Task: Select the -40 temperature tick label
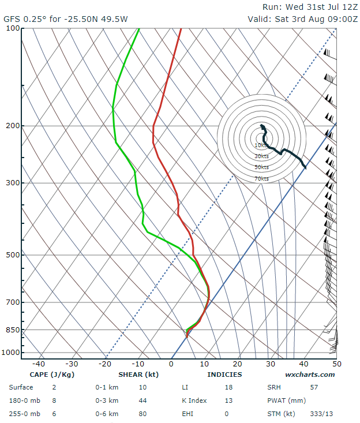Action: pyautogui.click(x=39, y=364)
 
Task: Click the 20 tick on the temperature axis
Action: pyautogui.click(x=237, y=364)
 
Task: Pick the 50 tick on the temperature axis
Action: pyautogui.click(x=336, y=364)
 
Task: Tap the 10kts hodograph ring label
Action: pyautogui.click(x=261, y=145)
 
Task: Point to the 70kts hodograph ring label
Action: pyautogui.click(x=261, y=179)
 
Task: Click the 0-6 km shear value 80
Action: pyautogui.click(x=158, y=414)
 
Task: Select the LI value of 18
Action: pyautogui.click(x=228, y=387)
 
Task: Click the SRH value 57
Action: pyautogui.click(x=314, y=387)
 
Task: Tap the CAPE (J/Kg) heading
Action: pyautogui.click(x=51, y=375)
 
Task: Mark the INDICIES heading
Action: pyautogui.click(x=224, y=375)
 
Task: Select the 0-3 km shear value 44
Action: pyautogui.click(x=158, y=400)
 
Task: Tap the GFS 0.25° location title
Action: pyautogui.click(x=66, y=18)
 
